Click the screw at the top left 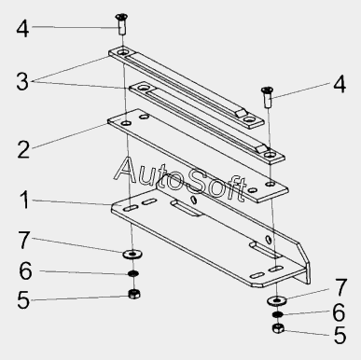[121, 24]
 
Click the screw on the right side [268, 97]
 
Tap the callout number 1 [24, 200]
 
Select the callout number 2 [23, 149]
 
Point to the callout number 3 [22, 82]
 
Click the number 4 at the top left [22, 29]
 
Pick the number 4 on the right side [340, 84]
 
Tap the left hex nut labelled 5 [134, 294]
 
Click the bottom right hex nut [278, 328]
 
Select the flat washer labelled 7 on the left [132, 255]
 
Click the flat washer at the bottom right [276, 300]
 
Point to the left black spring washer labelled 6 [133, 274]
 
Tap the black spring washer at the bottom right [278, 314]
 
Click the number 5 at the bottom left [23, 300]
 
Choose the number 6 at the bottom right [339, 312]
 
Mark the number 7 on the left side [24, 240]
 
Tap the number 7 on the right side [340, 287]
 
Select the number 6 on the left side [25, 270]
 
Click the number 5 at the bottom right [340, 335]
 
